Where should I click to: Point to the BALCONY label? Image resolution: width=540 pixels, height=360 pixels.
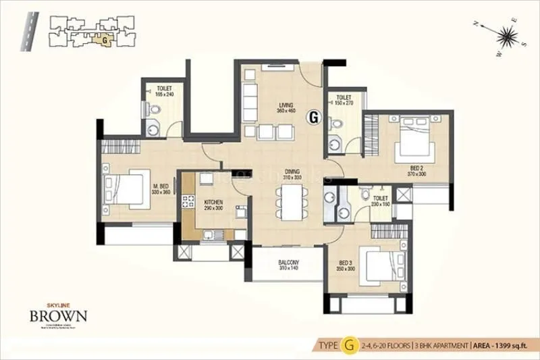point(288,265)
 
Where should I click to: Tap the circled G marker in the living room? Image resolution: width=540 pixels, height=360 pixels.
point(313,117)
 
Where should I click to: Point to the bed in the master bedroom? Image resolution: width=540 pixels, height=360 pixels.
point(127,190)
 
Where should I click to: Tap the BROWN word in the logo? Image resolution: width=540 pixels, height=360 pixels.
point(57,316)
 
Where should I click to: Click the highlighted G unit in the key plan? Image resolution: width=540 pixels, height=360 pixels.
point(106,39)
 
